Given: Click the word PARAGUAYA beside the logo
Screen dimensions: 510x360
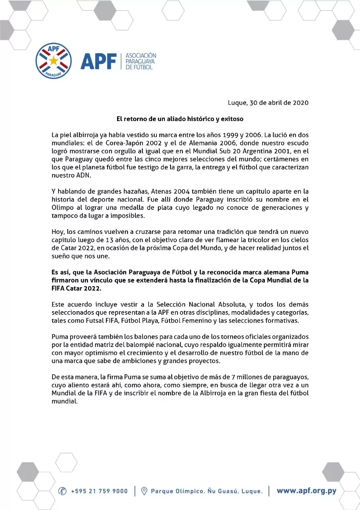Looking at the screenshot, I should [140, 61].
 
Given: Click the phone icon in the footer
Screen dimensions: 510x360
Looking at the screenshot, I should [63, 491].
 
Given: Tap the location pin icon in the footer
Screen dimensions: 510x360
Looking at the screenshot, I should [145, 491].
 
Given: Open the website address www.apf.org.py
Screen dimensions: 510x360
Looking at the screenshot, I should [306, 490].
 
